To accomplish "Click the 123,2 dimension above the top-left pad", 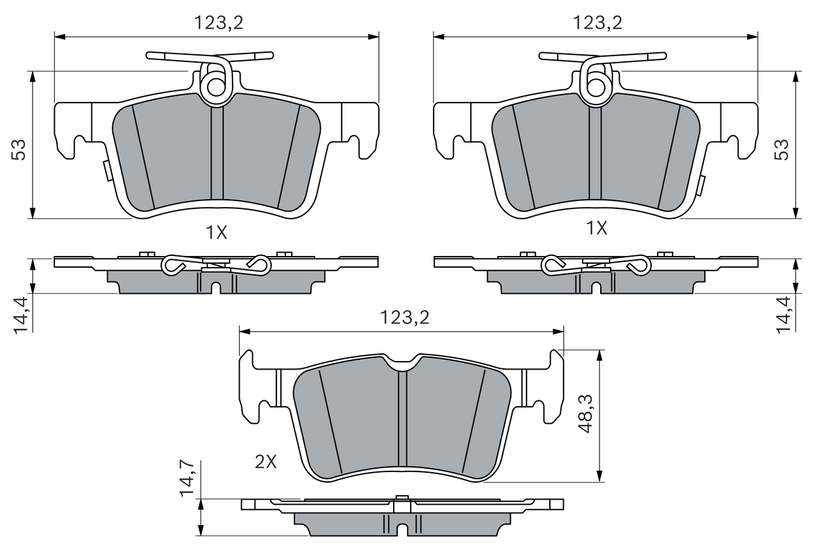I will [x=218, y=23].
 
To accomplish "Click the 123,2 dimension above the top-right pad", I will [x=598, y=23].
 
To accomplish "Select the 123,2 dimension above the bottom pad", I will [x=405, y=317].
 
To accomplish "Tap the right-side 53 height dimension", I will [x=782, y=150].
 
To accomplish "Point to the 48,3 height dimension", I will [x=586, y=413].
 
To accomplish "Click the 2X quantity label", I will [x=266, y=462].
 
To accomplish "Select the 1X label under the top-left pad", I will [x=216, y=232].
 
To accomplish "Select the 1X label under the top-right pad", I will [x=596, y=228].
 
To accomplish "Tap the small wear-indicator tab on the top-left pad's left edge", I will [x=105, y=171].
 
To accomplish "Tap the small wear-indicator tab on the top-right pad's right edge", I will [x=701, y=185].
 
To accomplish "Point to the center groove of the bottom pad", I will [x=402, y=418].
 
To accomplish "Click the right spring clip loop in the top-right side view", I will [x=638, y=264].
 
